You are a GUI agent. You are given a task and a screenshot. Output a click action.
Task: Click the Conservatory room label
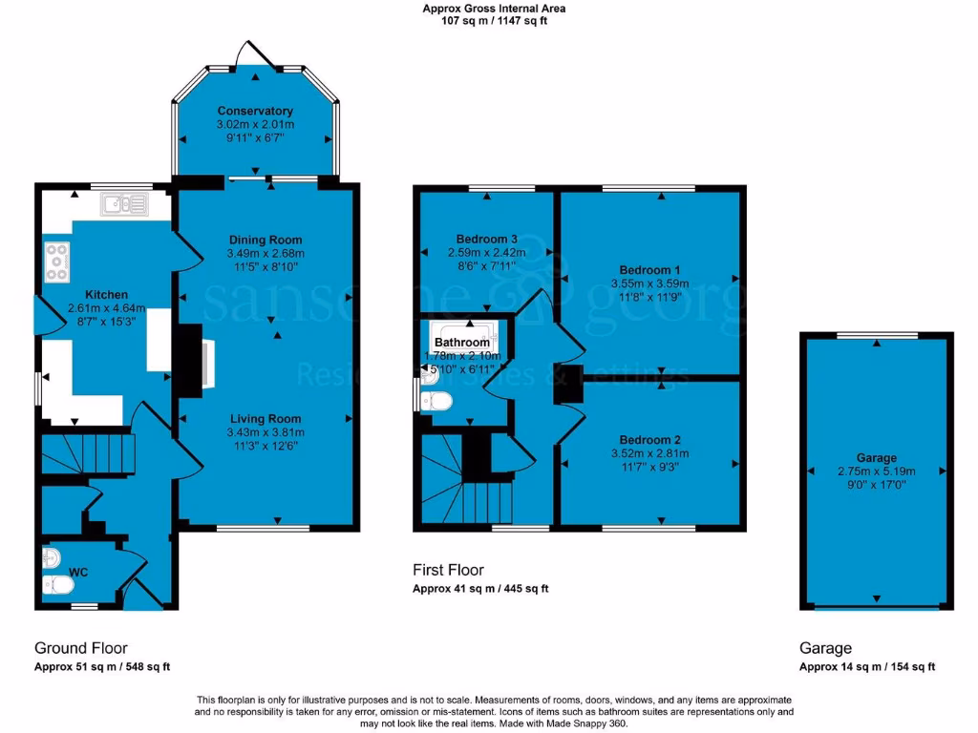(254, 111)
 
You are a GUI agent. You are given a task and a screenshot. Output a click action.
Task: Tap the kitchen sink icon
(123, 203)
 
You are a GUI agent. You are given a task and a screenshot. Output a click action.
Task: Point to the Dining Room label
(265, 240)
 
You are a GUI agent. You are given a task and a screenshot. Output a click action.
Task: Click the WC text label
(78, 572)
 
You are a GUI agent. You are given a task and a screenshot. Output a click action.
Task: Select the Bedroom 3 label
(487, 239)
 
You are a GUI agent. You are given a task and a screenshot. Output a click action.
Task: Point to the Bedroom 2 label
(649, 440)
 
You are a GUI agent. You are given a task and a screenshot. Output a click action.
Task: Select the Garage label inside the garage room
(876, 458)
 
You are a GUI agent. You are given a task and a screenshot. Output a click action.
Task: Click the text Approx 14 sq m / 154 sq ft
(867, 667)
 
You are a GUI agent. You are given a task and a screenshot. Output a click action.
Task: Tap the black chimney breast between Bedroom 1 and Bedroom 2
(570, 383)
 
